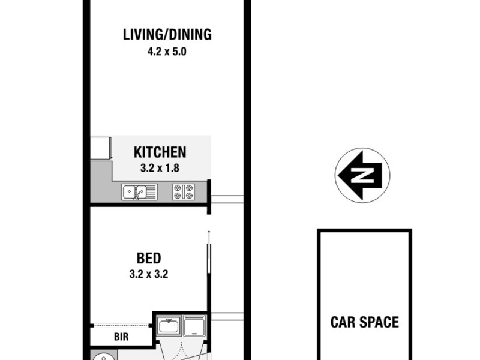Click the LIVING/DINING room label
pos(167,34)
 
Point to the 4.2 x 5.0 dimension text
pos(167,52)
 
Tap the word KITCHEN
pos(160,152)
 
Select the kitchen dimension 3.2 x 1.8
pos(160,169)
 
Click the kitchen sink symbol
pos(139,191)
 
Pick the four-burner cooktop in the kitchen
pos(184,191)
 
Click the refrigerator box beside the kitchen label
pos(101,148)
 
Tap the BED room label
pos(149,259)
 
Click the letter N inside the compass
pos(362,176)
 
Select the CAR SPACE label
pos(364,322)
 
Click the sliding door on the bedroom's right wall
pos(209,270)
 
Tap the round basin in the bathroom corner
pos(100,357)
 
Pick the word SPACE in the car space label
pos(379,322)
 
